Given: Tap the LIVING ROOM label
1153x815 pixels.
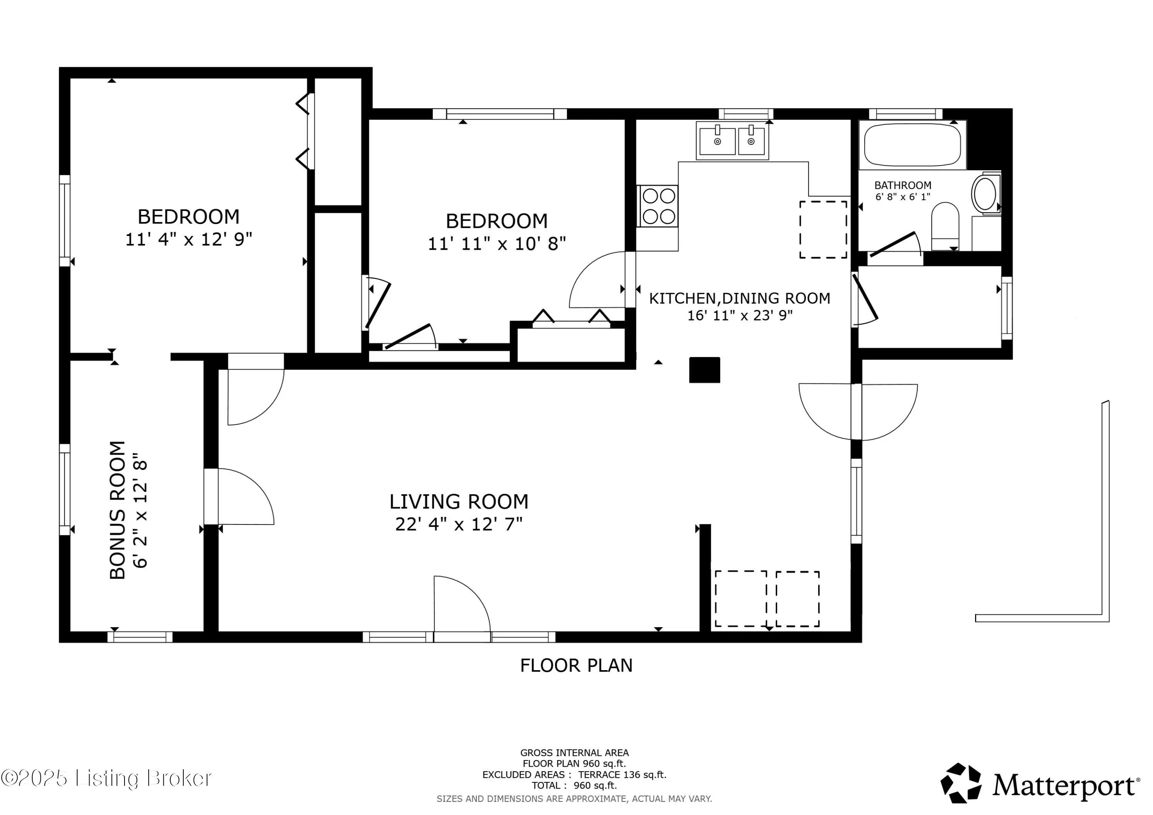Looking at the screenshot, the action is pos(459,502).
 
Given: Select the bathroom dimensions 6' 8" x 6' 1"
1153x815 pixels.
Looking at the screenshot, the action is pos(903,197).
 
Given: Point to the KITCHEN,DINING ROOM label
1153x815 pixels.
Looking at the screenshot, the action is pos(740,298).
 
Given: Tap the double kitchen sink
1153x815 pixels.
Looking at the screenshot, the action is pos(733,141).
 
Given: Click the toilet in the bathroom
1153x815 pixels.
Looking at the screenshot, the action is pos(945,226).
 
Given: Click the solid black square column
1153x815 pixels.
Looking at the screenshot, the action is pos(704,370).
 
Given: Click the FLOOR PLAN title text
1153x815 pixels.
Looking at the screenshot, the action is pos(576,666).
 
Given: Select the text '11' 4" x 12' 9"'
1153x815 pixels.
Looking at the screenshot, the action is pos(189,239).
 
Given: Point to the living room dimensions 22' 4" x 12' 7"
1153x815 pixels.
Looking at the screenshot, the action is pos(459,524).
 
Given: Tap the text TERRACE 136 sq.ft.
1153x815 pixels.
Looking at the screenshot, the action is pos(622,775).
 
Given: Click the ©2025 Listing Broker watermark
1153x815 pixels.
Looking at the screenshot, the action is pos(106,778).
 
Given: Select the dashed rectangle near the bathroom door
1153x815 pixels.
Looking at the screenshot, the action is pos(823,229).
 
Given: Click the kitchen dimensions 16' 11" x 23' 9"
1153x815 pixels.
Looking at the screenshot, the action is pos(740,315).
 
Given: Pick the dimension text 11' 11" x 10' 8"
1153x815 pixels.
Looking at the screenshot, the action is pos(497,244).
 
